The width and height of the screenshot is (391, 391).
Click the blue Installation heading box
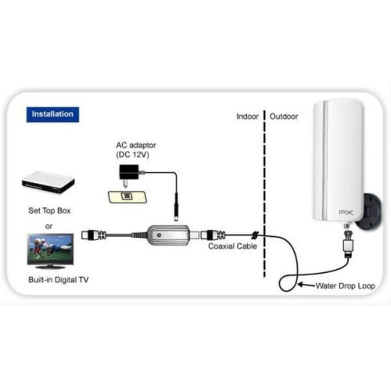[x=52, y=114]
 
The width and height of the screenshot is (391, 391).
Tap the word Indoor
[x=247, y=117]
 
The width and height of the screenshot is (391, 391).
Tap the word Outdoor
[x=284, y=117]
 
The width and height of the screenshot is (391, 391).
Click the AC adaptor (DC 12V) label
[x=136, y=150]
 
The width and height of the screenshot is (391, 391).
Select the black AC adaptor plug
[x=129, y=174]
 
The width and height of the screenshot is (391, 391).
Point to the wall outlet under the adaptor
[x=127, y=196]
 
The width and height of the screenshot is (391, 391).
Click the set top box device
[x=48, y=182]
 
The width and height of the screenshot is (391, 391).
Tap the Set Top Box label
[x=49, y=210]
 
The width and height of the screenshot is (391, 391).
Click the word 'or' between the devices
[x=48, y=226]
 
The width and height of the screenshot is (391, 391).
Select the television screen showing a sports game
[x=50, y=249]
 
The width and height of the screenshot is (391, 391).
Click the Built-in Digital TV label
[x=59, y=280]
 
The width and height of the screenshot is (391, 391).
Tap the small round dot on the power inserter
[x=159, y=235]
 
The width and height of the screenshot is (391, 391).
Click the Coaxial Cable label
[x=232, y=246]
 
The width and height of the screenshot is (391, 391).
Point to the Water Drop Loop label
[x=346, y=286]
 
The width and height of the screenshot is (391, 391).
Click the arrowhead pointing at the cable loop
[x=301, y=285]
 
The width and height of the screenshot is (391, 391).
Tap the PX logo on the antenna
[x=346, y=213]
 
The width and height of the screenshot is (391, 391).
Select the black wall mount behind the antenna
[x=371, y=211]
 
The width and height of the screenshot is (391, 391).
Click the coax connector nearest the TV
[x=94, y=235]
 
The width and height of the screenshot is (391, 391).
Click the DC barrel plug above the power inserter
[x=176, y=207]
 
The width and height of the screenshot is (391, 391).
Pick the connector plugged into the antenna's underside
[x=348, y=241]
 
